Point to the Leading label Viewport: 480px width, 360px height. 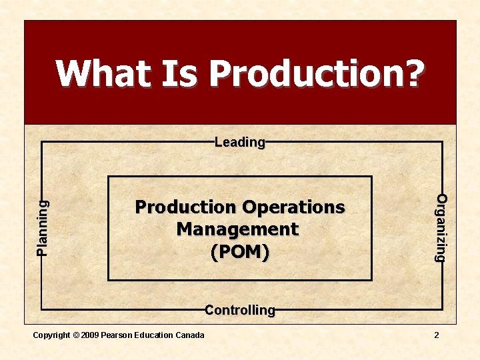(x=240, y=142)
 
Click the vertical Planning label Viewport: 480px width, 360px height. (x=43, y=227)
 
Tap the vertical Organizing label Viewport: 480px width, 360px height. (x=441, y=227)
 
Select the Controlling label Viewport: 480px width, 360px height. (x=240, y=310)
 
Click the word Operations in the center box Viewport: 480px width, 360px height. (x=293, y=207)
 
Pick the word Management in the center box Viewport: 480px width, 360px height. (x=237, y=229)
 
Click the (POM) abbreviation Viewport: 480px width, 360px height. (x=240, y=252)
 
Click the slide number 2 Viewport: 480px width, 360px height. (x=437, y=335)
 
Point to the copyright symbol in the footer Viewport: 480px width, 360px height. (x=74, y=335)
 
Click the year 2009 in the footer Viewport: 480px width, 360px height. (x=89, y=335)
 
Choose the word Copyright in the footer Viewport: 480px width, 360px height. (x=51, y=335)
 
